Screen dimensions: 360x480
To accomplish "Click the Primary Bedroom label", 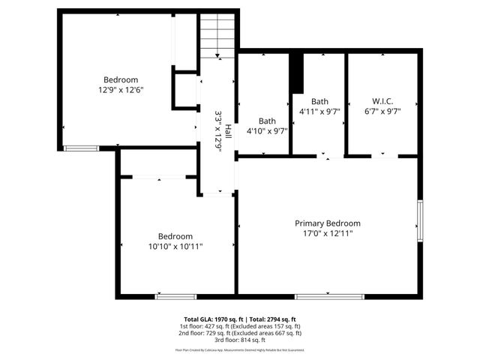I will [x=327, y=223].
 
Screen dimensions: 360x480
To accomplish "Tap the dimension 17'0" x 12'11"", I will [x=327, y=233].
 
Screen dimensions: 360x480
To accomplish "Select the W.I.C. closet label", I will [x=382, y=101].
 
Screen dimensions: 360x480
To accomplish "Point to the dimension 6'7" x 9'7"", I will [x=382, y=112].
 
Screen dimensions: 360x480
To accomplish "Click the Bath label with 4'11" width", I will [x=319, y=101].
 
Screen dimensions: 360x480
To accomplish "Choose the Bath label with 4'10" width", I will [x=267, y=121].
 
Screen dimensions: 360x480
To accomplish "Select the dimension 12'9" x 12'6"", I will [x=120, y=90].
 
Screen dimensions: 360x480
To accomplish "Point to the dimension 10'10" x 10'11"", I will [x=175, y=245].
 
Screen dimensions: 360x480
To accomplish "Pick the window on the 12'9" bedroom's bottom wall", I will [x=81, y=148].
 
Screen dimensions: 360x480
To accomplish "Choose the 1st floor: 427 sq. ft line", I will [x=240, y=326].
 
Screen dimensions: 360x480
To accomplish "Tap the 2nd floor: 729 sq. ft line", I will [x=240, y=333].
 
